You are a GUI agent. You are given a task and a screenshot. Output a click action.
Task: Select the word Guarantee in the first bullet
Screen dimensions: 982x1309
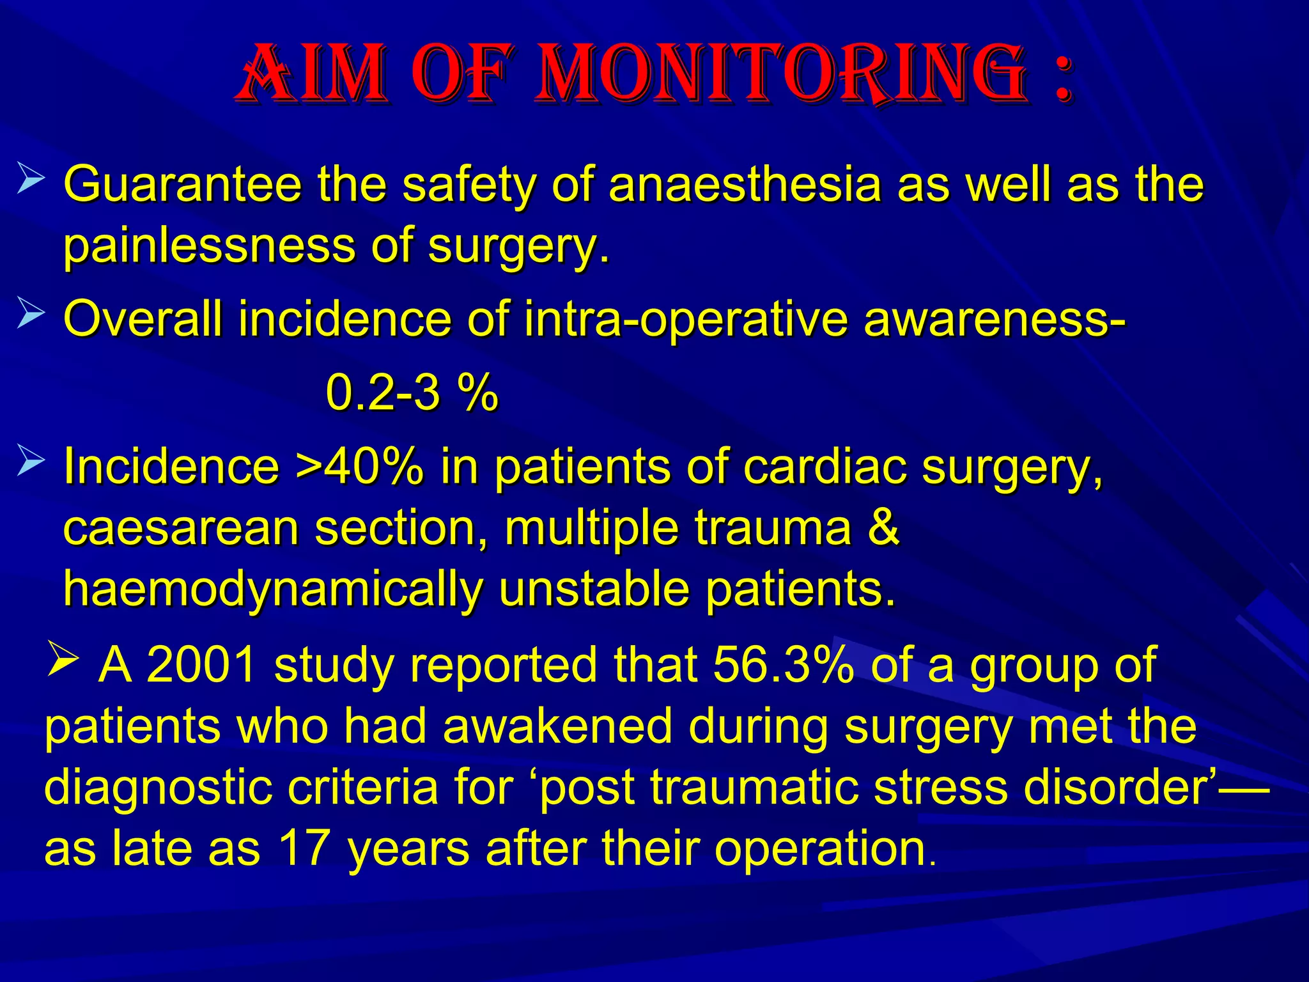click(183, 185)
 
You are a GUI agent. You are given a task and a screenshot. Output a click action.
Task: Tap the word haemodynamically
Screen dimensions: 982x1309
click(272, 589)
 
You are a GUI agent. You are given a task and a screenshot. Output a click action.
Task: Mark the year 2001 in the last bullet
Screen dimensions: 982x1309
click(202, 665)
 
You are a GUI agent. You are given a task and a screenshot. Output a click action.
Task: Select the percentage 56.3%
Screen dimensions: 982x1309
click(783, 665)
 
